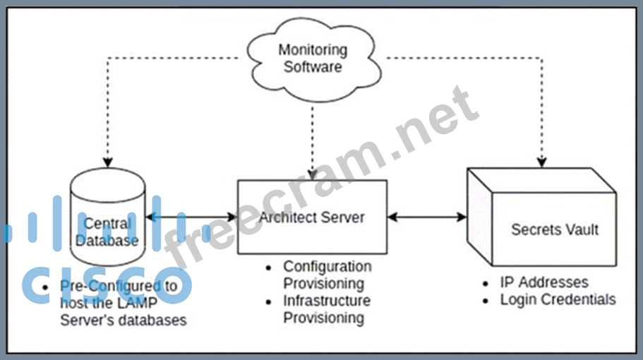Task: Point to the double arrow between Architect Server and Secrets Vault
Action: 427,217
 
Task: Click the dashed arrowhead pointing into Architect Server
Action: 311,174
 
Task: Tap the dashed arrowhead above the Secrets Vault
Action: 542,161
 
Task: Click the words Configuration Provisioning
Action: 327,275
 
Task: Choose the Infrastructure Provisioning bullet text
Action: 327,309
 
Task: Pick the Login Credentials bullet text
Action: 558,299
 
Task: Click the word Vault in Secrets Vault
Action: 579,229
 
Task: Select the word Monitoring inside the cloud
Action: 313,50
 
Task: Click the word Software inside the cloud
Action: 313,67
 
